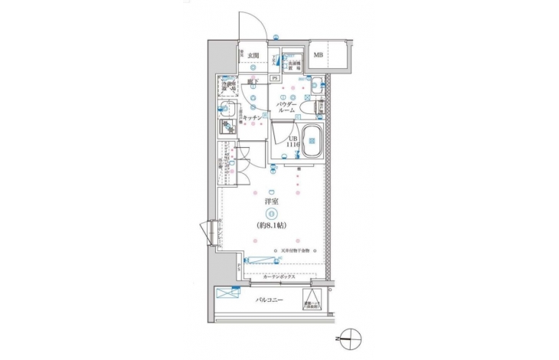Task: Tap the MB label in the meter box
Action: [318, 54]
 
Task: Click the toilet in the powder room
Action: [309, 110]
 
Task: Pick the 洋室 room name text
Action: [270, 201]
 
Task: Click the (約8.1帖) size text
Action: [270, 227]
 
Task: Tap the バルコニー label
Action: [270, 300]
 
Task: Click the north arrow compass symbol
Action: [348, 335]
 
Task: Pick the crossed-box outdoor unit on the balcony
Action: [227, 293]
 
